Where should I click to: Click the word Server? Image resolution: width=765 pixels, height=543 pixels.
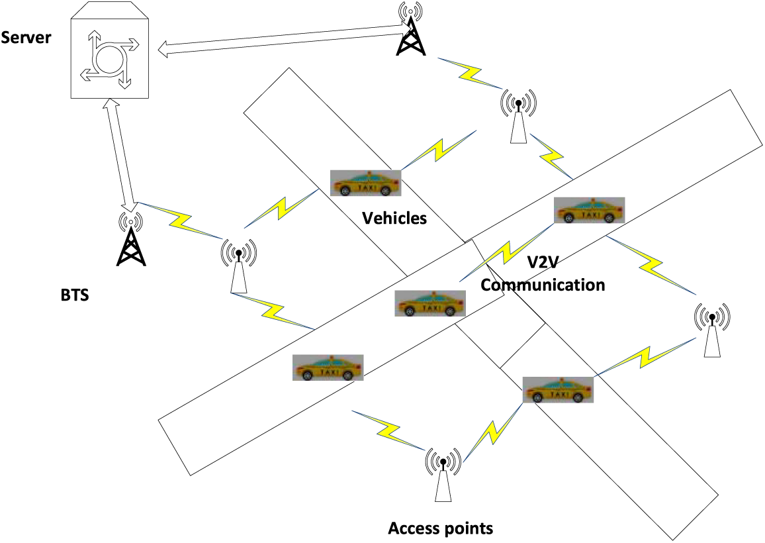pyautogui.click(x=26, y=37)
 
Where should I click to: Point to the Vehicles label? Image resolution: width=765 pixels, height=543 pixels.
pyautogui.click(x=394, y=218)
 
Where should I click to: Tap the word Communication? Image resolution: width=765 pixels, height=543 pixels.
pyautogui.click(x=543, y=285)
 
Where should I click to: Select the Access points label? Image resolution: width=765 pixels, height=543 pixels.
pyautogui.click(x=440, y=528)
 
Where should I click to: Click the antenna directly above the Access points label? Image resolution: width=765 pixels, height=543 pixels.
pyautogui.click(x=441, y=473)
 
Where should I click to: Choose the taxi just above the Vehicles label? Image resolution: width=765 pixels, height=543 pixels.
pyautogui.click(x=366, y=183)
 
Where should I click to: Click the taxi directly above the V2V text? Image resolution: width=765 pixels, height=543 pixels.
pyautogui.click(x=589, y=211)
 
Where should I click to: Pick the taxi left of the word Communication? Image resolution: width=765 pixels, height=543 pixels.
pyautogui.click(x=429, y=304)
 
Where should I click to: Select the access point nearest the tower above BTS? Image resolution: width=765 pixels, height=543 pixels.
pyautogui.click(x=238, y=265)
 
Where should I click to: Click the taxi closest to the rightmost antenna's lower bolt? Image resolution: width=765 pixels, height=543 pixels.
pyautogui.click(x=558, y=389)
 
